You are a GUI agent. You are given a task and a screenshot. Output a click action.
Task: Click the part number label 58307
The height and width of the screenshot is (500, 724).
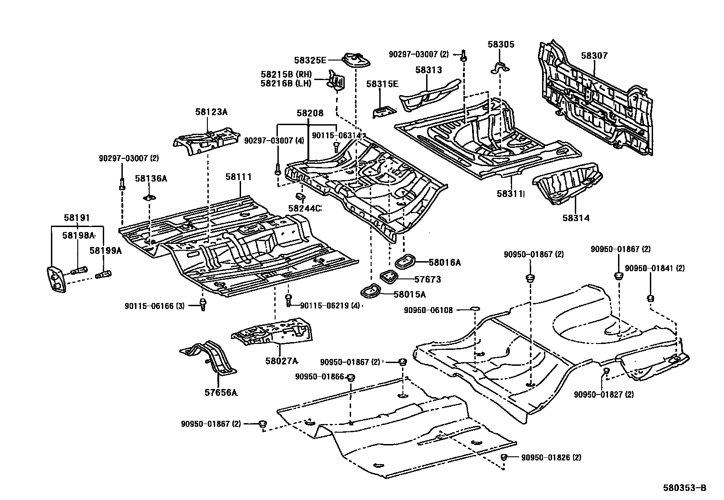[x=593, y=56]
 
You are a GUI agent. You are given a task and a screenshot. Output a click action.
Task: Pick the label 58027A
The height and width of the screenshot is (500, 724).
[x=281, y=361]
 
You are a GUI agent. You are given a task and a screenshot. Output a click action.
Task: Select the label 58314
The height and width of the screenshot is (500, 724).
[x=575, y=218]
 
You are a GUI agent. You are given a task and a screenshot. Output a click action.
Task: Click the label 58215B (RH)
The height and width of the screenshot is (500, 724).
[x=286, y=74]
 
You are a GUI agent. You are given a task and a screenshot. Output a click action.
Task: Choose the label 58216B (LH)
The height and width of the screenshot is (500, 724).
[x=286, y=83]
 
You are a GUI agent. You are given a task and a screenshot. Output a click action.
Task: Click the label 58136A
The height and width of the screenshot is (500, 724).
[x=151, y=179]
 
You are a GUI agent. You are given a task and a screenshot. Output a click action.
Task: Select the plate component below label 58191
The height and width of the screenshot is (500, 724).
[x=55, y=279]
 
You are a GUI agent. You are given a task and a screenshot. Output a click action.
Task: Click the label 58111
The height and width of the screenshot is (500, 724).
[x=239, y=177]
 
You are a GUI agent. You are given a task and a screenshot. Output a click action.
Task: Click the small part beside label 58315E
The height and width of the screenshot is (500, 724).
[x=384, y=111]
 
